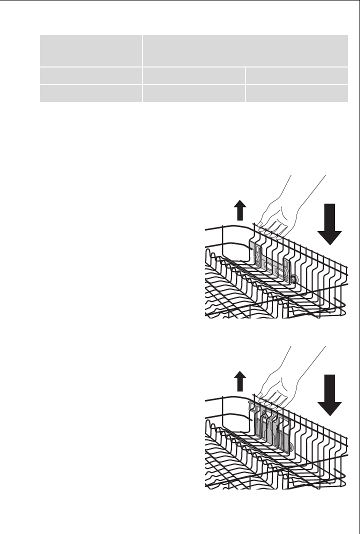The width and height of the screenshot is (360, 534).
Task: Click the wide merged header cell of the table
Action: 245,50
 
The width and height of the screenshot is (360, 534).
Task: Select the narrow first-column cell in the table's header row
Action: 90,50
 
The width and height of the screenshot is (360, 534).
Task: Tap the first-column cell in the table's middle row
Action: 90,75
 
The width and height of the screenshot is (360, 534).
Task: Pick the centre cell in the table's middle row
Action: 193,75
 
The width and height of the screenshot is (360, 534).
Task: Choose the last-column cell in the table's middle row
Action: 297,75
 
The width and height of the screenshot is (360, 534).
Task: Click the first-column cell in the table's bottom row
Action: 90,93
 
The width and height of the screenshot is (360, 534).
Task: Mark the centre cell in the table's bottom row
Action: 193,93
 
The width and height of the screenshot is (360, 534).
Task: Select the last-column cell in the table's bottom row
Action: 297,93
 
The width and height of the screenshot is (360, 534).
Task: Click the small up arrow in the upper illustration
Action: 240,211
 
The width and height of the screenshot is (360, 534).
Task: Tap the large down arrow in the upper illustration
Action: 328,222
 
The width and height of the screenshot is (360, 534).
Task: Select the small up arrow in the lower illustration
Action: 240,383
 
